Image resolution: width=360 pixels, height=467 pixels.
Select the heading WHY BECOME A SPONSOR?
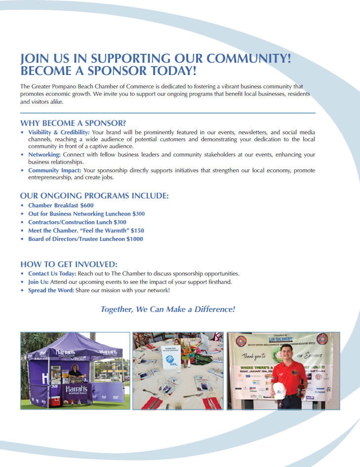point(73,123)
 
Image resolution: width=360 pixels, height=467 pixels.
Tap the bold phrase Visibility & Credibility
point(59,133)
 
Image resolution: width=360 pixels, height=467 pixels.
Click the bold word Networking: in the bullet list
point(45,155)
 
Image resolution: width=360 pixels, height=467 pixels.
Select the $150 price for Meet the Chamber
point(137,231)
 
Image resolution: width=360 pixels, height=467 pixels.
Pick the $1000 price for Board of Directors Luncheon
point(135,239)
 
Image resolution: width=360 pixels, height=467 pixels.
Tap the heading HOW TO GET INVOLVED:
point(69,264)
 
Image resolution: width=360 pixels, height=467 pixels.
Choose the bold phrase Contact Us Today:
point(52,273)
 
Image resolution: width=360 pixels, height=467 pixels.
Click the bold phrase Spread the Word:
point(51,290)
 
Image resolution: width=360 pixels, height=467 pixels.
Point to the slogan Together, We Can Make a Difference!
point(168,310)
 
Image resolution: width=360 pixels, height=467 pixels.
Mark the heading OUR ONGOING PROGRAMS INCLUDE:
point(94,196)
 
